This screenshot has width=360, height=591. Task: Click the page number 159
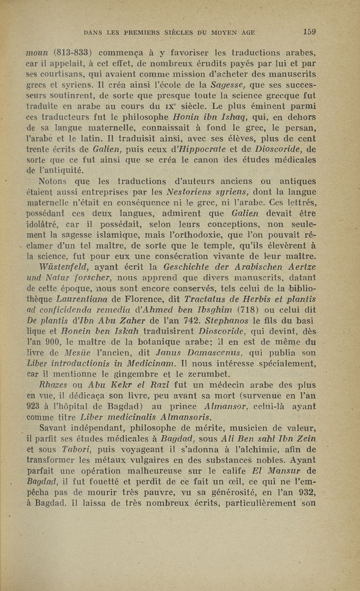(x=309, y=32)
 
